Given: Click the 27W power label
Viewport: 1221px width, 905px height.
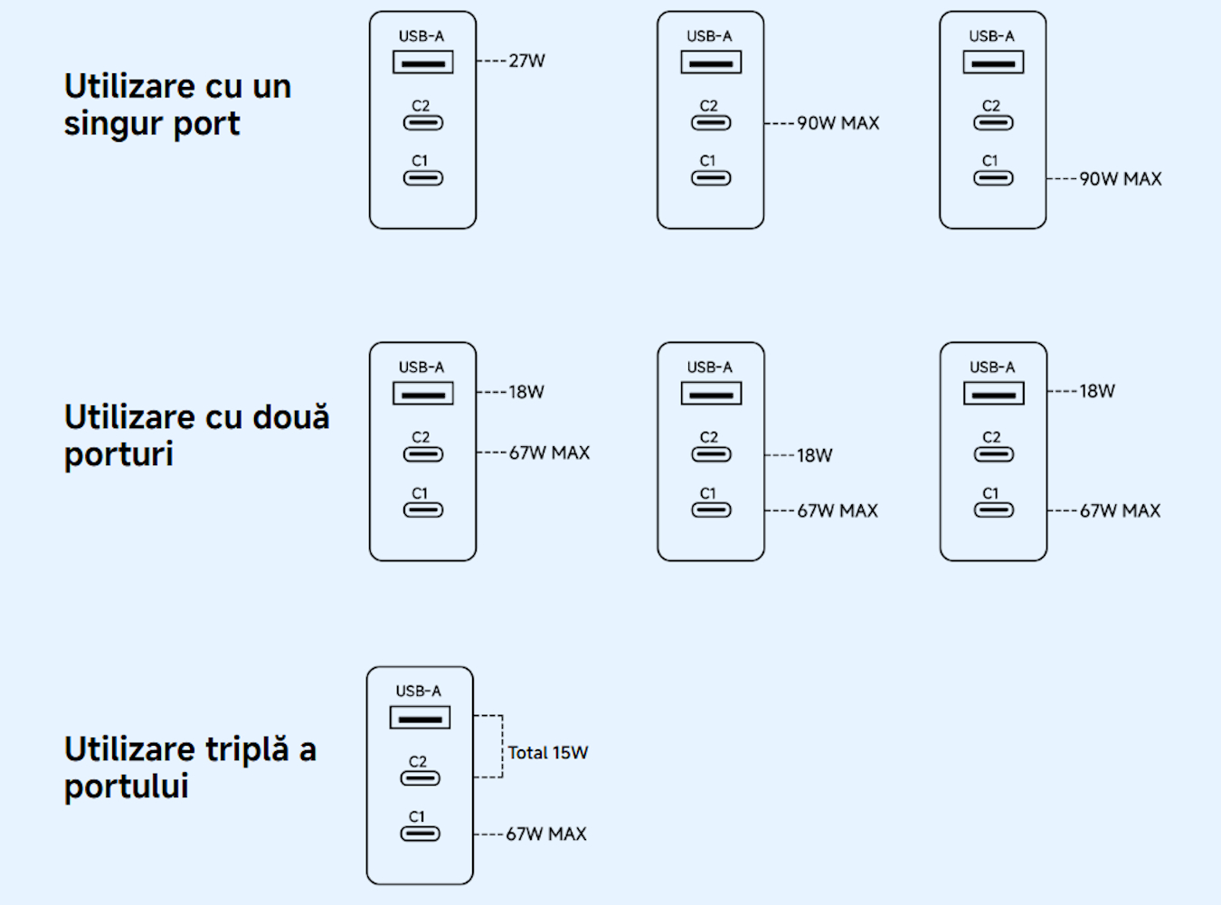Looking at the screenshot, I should [526, 62].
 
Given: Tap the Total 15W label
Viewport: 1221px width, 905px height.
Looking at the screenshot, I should [548, 753].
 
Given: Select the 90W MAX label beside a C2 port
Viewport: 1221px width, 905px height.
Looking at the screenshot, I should [838, 123].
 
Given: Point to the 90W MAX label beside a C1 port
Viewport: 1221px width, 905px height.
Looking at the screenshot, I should [1121, 179].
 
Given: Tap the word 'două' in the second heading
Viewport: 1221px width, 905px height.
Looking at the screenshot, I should [290, 417].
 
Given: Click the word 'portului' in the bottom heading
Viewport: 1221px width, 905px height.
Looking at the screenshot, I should [126, 786].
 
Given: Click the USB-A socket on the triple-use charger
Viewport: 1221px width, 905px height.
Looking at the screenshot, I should [420, 719].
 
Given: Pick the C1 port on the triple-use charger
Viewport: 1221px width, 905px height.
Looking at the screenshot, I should [420, 834].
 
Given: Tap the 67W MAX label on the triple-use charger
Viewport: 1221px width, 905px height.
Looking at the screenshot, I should [546, 834].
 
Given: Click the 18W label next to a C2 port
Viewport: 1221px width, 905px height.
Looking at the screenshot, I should [814, 456].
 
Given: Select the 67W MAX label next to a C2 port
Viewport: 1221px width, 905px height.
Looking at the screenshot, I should [549, 452].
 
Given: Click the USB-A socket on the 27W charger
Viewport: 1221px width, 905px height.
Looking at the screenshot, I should [422, 62].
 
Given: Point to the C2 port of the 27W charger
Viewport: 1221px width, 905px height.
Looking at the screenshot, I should [422, 123].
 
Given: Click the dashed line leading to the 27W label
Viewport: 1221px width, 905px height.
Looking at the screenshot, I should [491, 62].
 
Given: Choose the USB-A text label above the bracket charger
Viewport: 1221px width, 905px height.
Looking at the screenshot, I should [419, 691].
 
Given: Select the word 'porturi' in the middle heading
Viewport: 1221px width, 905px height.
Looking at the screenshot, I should [118, 454].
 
